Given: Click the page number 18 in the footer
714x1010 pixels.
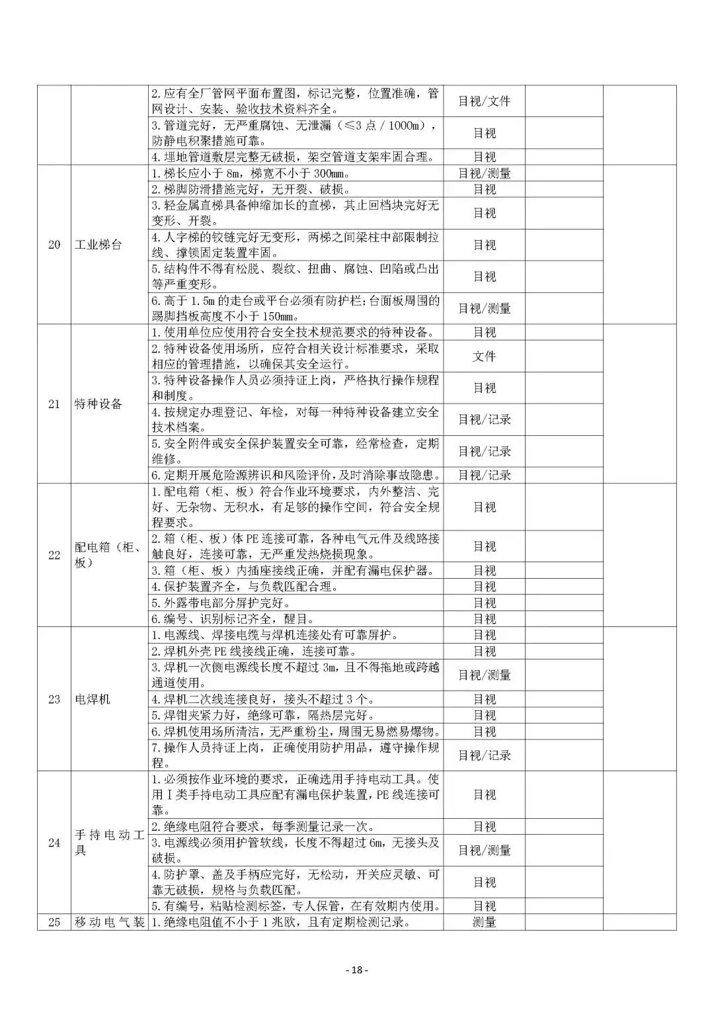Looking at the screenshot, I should click(357, 970).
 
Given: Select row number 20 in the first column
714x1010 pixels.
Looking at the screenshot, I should click(54, 245).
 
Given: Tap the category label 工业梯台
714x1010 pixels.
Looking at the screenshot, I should click(99, 245).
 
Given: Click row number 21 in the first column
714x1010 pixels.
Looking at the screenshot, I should click(54, 404).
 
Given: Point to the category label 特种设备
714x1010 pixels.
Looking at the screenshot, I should click(99, 404).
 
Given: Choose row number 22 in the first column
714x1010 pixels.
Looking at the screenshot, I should click(54, 555).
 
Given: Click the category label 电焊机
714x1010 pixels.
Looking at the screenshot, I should click(92, 699).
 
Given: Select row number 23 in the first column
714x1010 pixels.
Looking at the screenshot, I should click(54, 699).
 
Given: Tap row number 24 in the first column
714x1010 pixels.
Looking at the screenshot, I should click(54, 843).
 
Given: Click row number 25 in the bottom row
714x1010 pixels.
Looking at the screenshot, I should click(54, 922).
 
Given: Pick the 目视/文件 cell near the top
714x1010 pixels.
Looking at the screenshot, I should click(484, 101).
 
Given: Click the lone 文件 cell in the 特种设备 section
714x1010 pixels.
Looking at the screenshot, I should click(484, 356).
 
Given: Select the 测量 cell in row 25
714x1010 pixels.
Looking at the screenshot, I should click(484, 922).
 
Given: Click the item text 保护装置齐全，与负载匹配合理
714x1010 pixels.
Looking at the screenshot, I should click(245, 587).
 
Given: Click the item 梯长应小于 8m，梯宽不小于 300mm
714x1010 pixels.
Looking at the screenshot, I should click(251, 173).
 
